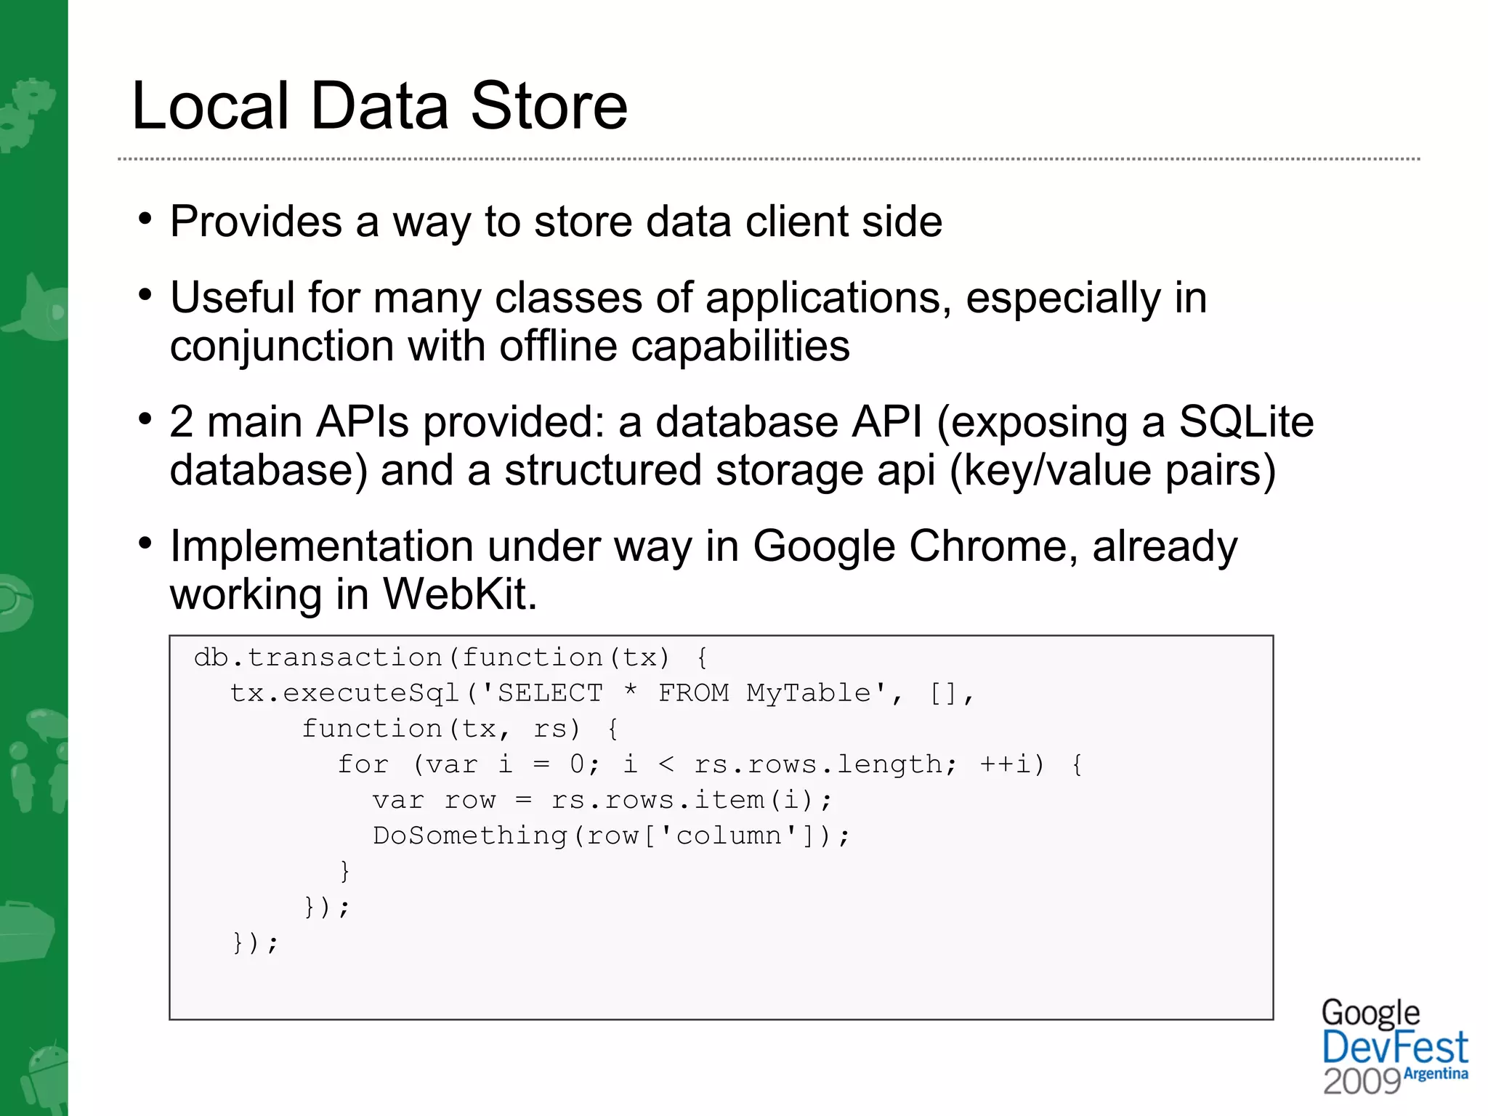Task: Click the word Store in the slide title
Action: [549, 107]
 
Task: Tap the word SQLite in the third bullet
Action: [1246, 421]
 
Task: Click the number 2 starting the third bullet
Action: [182, 422]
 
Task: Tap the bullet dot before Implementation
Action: [146, 543]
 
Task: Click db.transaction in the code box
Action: [318, 658]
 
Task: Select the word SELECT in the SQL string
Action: [550, 693]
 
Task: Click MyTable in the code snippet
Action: [809, 693]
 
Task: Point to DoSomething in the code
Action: [469, 836]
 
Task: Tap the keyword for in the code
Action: [363, 764]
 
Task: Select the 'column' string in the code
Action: [729, 836]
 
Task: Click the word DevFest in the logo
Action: [1394, 1048]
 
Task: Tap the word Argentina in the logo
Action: [1436, 1074]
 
